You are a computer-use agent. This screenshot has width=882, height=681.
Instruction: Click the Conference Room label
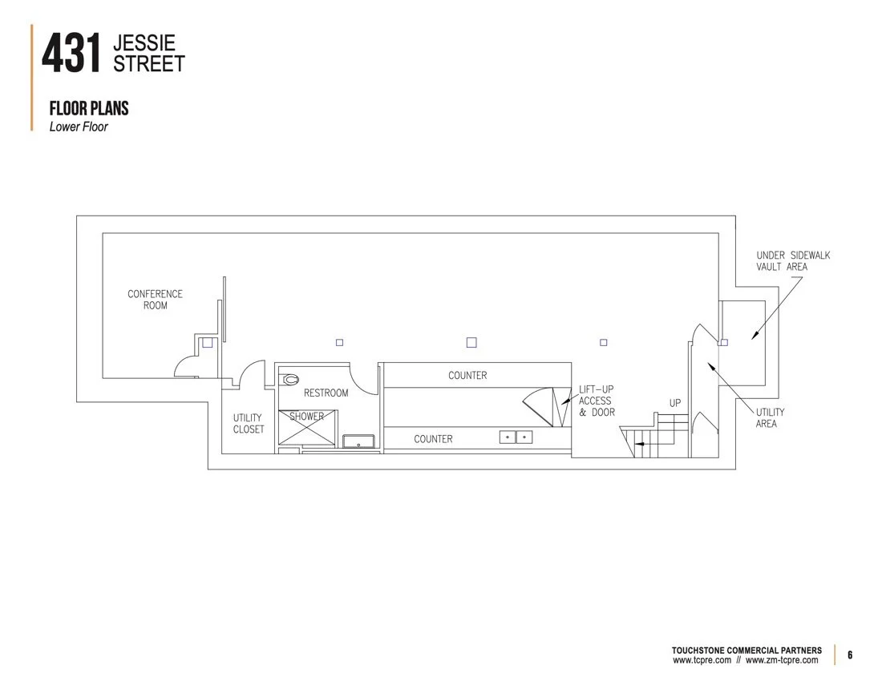[x=155, y=300]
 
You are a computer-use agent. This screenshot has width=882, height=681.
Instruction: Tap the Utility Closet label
[x=248, y=424]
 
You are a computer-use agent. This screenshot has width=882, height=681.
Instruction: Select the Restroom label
[x=326, y=393]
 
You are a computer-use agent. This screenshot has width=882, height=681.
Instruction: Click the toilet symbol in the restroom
[x=290, y=379]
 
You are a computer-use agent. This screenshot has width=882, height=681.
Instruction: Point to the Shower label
[x=307, y=417]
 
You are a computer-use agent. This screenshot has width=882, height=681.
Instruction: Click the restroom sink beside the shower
[x=358, y=441]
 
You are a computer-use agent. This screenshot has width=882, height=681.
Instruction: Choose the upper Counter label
[x=467, y=375]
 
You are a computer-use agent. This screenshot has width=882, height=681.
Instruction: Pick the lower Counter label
[x=433, y=439]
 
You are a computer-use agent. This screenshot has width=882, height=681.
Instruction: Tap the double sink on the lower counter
[x=516, y=437]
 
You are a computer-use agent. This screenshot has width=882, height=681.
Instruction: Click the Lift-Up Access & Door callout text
[x=596, y=401]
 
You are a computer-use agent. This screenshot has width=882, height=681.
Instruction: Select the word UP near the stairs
[x=674, y=403]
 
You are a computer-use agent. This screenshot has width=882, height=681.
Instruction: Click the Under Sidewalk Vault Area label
[x=793, y=261]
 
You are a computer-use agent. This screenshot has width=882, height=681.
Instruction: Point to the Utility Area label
[x=770, y=417]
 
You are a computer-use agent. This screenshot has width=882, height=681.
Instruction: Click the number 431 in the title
[x=71, y=54]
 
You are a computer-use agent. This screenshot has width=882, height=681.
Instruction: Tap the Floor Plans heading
[x=89, y=109]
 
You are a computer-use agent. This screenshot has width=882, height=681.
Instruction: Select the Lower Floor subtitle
[x=79, y=127]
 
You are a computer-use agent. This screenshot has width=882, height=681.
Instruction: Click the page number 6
[x=850, y=655]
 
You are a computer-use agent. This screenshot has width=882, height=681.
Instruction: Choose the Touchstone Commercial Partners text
[x=746, y=650]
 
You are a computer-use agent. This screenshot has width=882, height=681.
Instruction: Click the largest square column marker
[x=471, y=342]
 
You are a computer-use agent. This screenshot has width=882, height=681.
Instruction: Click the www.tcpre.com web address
[x=702, y=660]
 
